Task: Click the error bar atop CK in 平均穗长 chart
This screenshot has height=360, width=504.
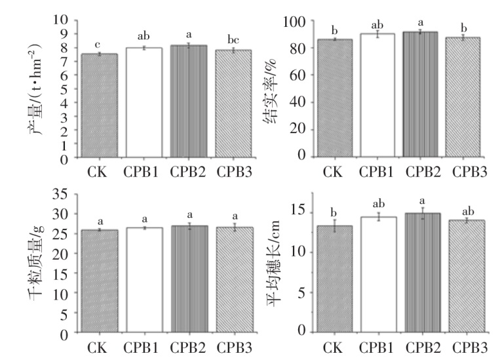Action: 333,226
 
